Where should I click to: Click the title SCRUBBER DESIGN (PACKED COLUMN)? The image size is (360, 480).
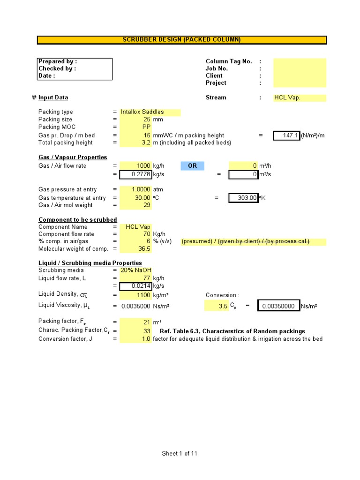pyautogui.click(x=181, y=40)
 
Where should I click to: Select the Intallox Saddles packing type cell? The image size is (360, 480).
pyautogui.click(x=142, y=112)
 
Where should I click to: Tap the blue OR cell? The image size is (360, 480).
pyautogui.click(x=192, y=166)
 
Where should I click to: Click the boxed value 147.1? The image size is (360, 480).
pyautogui.click(x=286, y=135)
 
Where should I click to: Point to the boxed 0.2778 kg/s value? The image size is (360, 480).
pyautogui.click(x=135, y=174)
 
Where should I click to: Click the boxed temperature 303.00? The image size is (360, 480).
pyautogui.click(x=244, y=198)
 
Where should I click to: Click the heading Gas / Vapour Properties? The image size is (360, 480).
pyautogui.click(x=73, y=157)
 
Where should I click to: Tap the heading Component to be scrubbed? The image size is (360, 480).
pyautogui.click(x=78, y=220)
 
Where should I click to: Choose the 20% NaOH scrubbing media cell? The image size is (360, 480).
pyautogui.click(x=135, y=270)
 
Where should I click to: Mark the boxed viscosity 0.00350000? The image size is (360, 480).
pyautogui.click(x=279, y=306)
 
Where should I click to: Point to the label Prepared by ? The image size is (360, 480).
pyautogui.click(x=58, y=61)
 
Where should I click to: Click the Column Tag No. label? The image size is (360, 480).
pyautogui.click(x=229, y=61)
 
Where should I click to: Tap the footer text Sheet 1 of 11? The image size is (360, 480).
pyautogui.click(x=180, y=453)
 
